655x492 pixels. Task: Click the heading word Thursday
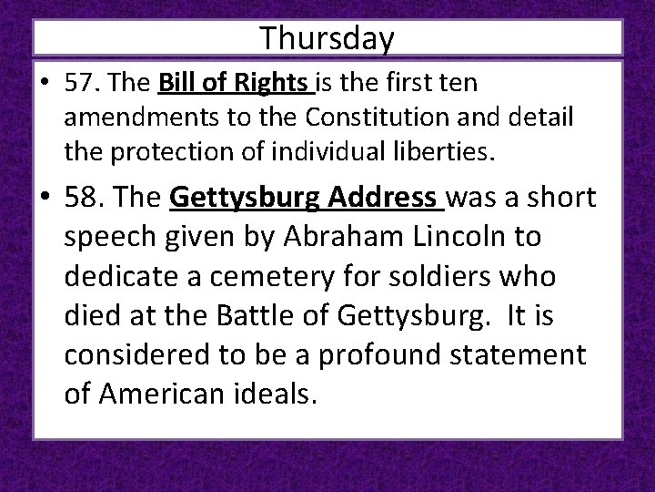coord(327,38)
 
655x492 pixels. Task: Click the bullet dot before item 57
coord(45,85)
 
